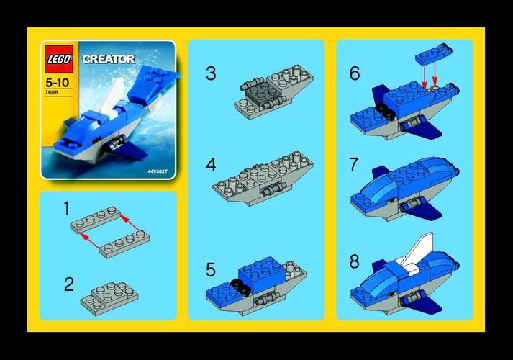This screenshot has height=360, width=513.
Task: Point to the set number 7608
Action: click(x=52, y=92)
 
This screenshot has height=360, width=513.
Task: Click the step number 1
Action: click(x=66, y=209)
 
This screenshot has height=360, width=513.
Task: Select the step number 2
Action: click(x=69, y=284)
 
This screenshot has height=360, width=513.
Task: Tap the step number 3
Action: click(x=211, y=73)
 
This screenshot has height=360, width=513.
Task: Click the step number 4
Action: click(x=211, y=165)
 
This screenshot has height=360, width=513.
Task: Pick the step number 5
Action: click(x=211, y=269)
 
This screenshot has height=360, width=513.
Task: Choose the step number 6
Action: click(x=353, y=74)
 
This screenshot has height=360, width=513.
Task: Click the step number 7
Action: click(x=353, y=165)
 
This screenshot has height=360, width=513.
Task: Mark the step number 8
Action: click(x=353, y=261)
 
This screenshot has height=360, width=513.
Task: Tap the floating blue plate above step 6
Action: click(x=432, y=55)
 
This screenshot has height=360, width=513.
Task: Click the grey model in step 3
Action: click(x=270, y=91)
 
